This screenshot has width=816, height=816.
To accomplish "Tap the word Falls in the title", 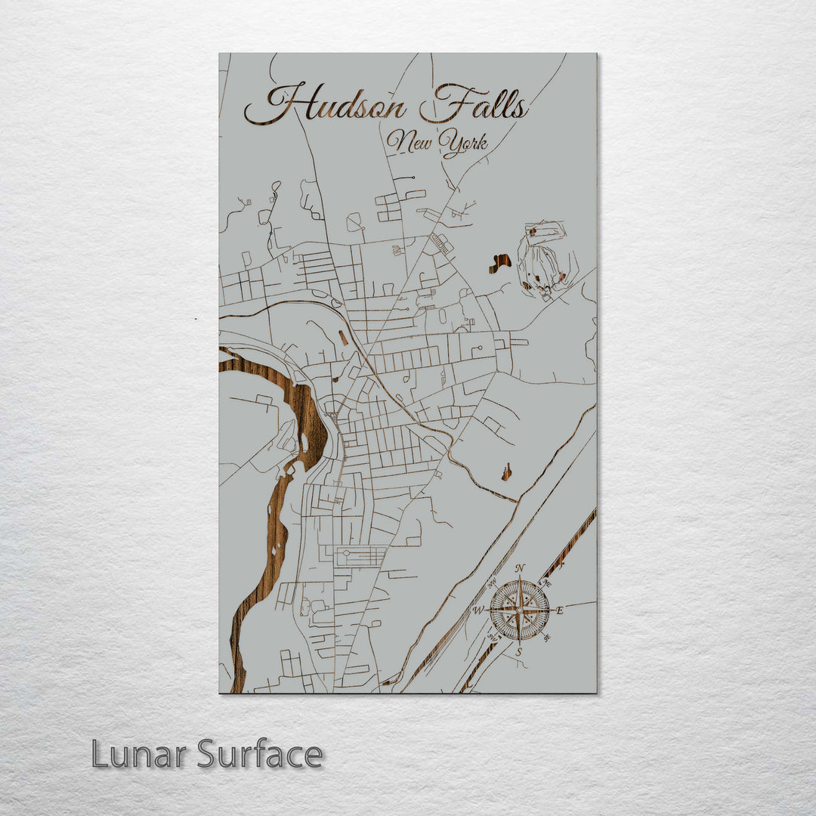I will click(474, 104).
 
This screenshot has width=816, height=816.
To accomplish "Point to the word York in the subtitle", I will click(464, 144).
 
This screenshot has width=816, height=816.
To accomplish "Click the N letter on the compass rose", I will click(520, 569).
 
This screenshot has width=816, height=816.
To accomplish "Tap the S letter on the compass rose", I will click(519, 651).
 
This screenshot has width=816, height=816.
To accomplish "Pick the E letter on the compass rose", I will click(560, 610).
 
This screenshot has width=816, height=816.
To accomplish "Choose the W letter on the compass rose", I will click(478, 610).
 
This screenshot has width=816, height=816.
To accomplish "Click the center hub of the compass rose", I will click(519, 610).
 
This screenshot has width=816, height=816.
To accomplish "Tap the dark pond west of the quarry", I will click(499, 264).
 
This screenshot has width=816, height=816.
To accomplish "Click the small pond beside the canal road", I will click(506, 473).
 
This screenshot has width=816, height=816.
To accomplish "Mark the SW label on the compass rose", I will click(493, 637).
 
